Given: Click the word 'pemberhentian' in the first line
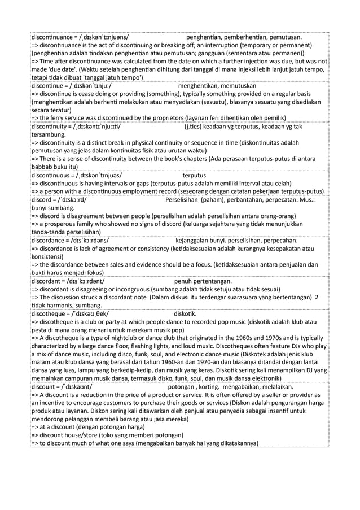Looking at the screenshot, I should point(247,38).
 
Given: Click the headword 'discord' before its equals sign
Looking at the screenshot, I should point(43,199).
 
